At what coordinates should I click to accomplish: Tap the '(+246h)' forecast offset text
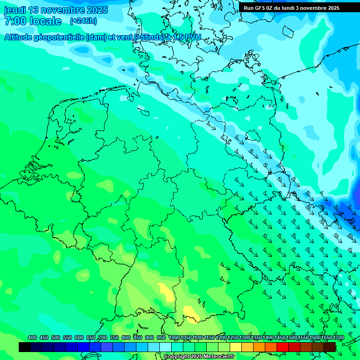click(x=83, y=21)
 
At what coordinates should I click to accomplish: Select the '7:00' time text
click(x=15, y=21)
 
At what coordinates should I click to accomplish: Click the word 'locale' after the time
click(x=45, y=21)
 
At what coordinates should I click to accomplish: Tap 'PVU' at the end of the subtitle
click(x=192, y=37)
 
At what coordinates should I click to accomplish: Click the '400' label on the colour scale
click(x=32, y=338)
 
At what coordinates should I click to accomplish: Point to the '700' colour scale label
click(x=103, y=338)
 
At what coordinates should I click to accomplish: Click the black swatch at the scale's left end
click(x=25, y=347)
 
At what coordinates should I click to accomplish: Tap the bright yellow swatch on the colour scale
click(x=236, y=347)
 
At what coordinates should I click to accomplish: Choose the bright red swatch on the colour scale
click(x=283, y=347)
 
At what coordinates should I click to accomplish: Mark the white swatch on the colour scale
click(x=165, y=347)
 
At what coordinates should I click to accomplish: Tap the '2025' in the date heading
click(x=97, y=10)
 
